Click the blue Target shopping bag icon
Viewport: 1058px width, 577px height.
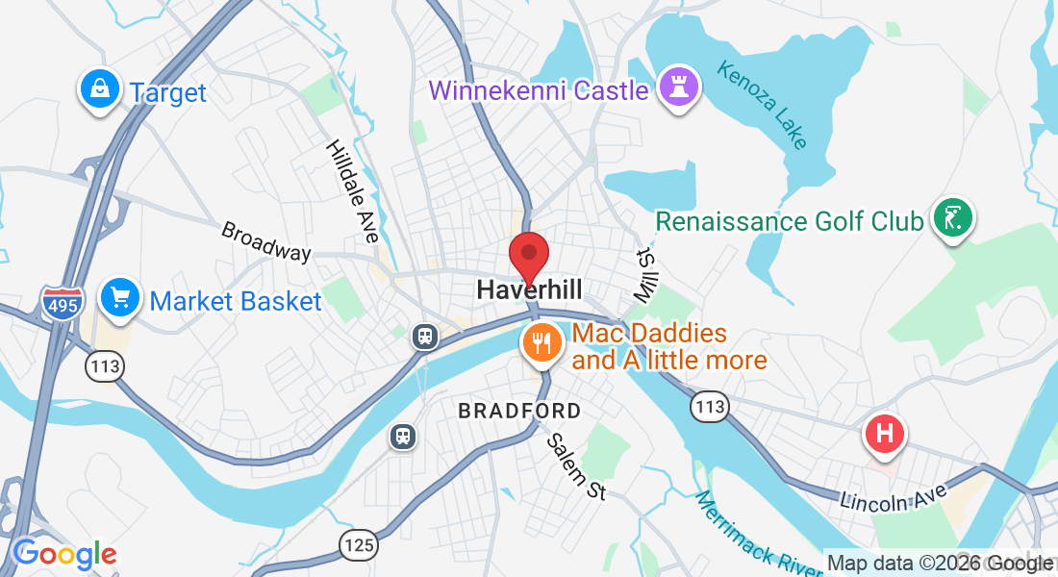point(99,90)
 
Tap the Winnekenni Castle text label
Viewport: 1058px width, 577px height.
point(539,91)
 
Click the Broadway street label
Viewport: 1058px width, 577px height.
point(266,241)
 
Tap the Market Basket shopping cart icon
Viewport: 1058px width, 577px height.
point(121,298)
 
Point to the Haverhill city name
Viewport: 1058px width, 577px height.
point(529,289)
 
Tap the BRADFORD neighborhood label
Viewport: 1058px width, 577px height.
point(519,412)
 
